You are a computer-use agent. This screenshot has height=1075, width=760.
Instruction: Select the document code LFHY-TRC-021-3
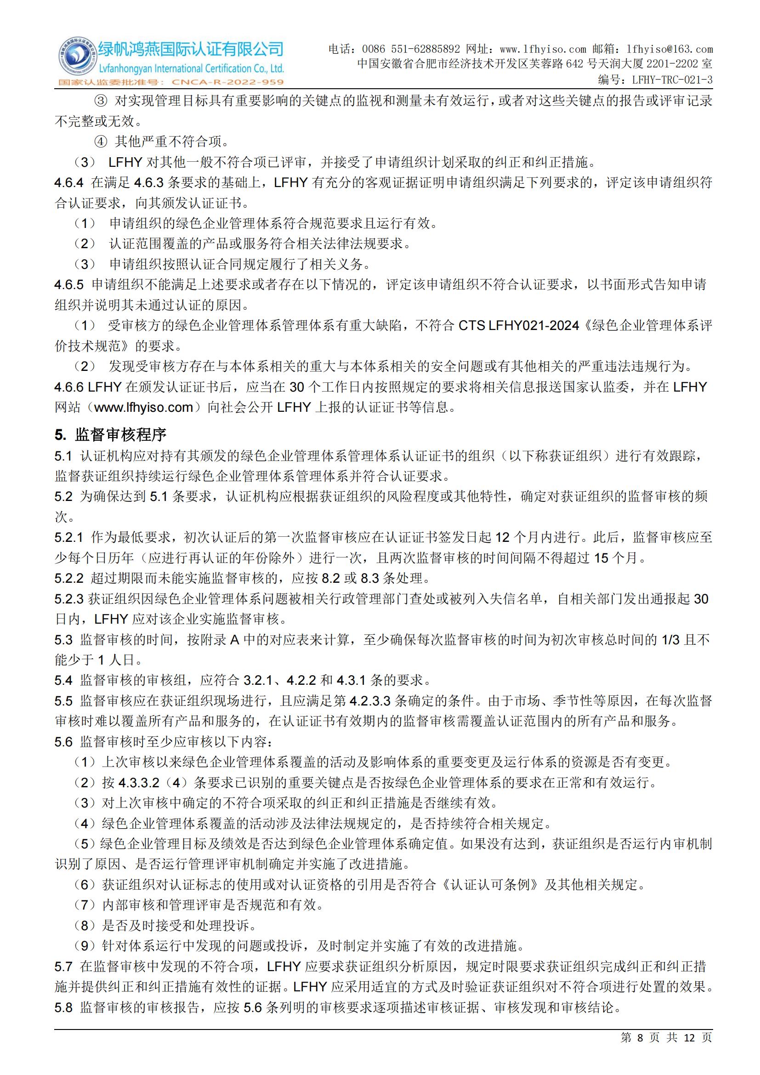pyautogui.click(x=672, y=80)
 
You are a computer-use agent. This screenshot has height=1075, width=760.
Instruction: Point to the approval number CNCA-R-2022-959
pyautogui.click(x=228, y=82)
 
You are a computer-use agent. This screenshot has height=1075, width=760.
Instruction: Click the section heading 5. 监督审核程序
pyautogui.click(x=110, y=434)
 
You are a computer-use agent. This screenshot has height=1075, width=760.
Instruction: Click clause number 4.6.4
pyautogui.click(x=69, y=182)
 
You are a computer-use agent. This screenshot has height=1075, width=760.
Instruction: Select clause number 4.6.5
pyautogui.click(x=69, y=284)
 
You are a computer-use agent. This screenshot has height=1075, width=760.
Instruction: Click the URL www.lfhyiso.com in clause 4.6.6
pyautogui.click(x=144, y=407)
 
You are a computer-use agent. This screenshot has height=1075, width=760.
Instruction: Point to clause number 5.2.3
pyautogui.click(x=69, y=599)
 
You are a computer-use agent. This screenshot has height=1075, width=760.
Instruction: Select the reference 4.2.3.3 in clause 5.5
pyautogui.click(x=370, y=701)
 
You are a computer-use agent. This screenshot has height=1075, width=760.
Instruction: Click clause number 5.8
pyautogui.click(x=64, y=1007)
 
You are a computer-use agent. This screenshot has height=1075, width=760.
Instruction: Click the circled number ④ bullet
pyautogui.click(x=101, y=142)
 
